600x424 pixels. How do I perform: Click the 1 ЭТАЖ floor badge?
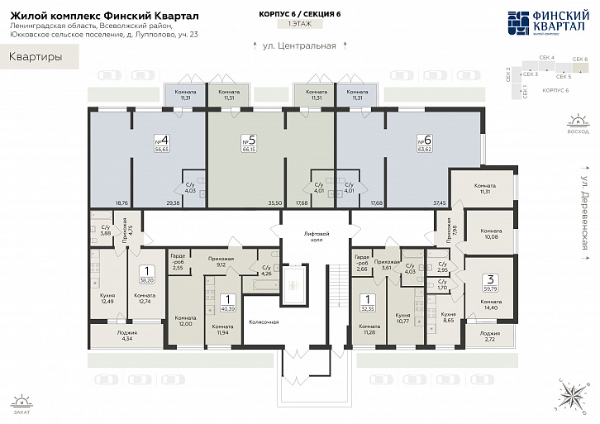[x=299, y=26]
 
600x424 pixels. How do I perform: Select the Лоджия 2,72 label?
[x=490, y=336]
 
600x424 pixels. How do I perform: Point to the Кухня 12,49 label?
[x=107, y=298]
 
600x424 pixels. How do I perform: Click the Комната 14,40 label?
[x=490, y=304]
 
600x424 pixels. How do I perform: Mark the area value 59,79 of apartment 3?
[x=491, y=289]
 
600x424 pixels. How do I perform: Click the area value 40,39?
[x=229, y=308]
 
